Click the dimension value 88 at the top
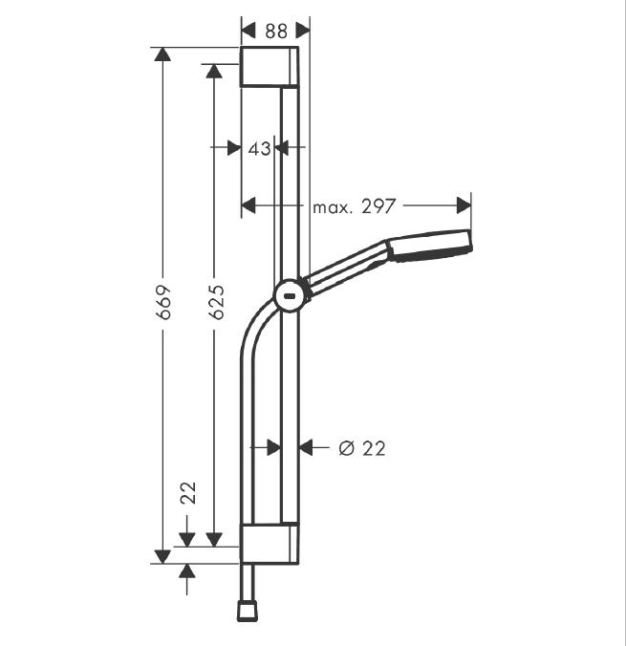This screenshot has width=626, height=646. (x=275, y=31)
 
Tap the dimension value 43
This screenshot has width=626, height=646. (x=259, y=148)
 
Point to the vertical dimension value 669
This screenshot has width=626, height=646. (x=163, y=301)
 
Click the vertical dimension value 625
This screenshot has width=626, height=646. (x=216, y=301)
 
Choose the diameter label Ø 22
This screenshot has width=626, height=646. (x=362, y=447)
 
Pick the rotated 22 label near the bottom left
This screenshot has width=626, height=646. (x=188, y=493)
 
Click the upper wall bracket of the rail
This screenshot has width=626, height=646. (x=270, y=67)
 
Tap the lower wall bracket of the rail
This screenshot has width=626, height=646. (x=270, y=542)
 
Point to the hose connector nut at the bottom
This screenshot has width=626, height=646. (x=248, y=610)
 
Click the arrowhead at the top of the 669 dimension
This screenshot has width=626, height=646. (x=163, y=55)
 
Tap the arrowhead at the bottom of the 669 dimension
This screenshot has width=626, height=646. (x=163, y=554)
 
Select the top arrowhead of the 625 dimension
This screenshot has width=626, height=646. (x=216, y=72)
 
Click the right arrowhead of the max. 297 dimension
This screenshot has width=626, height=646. (x=464, y=205)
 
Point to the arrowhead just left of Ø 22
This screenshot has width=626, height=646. (x=307, y=447)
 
